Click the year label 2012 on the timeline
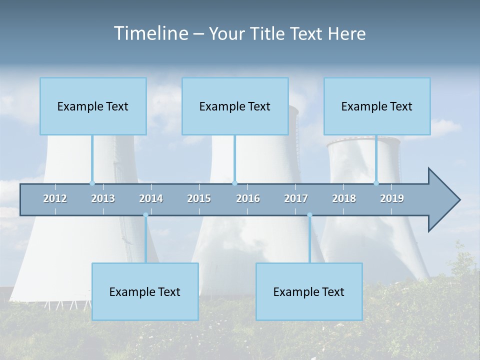tap(55, 198)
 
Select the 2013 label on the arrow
tap(103, 198)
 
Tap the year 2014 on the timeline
tap(151, 198)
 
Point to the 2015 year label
tap(199, 198)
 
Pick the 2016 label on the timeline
tap(248, 198)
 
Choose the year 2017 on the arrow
tap(296, 198)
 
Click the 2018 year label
tap(344, 198)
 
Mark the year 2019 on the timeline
tap(392, 198)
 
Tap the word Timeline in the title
tap(150, 33)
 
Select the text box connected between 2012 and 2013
tap(93, 106)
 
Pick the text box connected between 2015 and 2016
tap(235, 106)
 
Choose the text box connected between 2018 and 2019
tap(377, 106)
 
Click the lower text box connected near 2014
tap(145, 291)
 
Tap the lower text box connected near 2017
tap(309, 291)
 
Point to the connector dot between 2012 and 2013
tap(92, 183)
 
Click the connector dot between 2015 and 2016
tap(234, 183)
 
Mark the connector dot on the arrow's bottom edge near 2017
tap(309, 215)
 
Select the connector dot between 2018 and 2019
tap(376, 183)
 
